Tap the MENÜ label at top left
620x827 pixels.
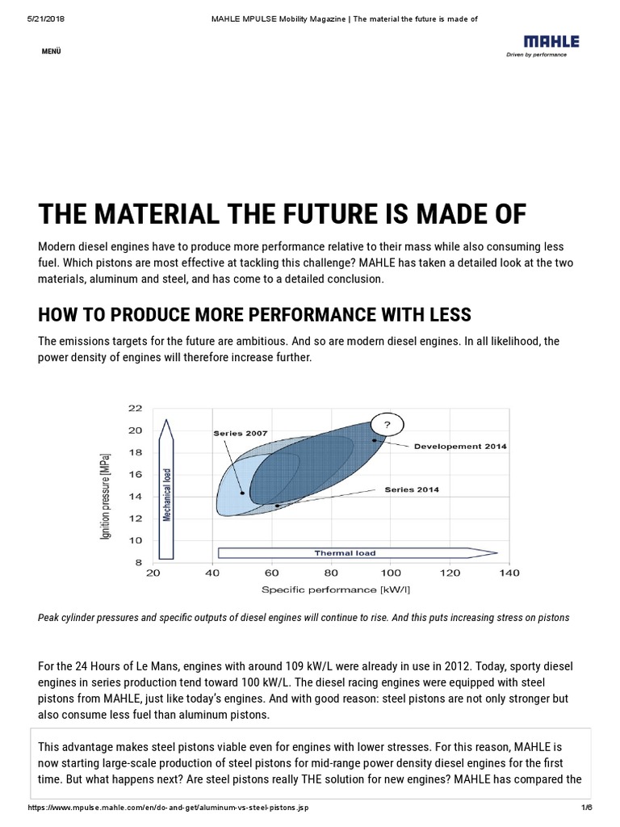50,52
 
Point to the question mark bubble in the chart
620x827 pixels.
387,425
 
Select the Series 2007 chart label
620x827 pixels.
241,434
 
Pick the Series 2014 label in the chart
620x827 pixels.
412,489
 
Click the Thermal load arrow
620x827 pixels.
355,553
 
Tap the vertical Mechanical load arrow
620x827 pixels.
167,489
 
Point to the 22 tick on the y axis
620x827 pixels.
135,408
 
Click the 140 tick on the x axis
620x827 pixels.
509,573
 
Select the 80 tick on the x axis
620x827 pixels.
330,573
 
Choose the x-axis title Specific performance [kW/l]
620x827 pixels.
330,590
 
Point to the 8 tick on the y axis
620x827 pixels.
138,562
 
